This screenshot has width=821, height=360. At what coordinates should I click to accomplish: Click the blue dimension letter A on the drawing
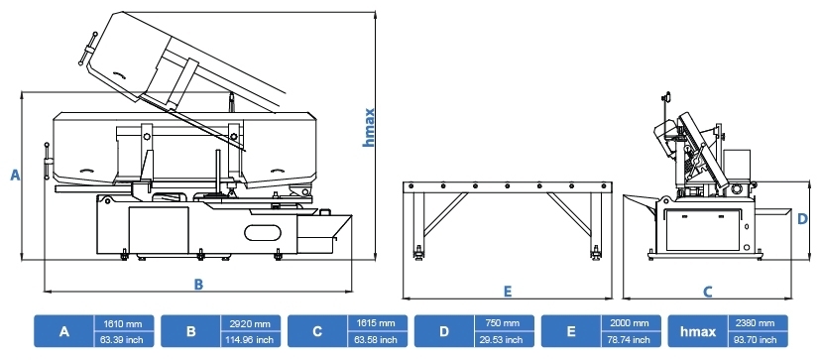pyautogui.click(x=15, y=175)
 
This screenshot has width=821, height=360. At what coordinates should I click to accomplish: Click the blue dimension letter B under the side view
pyautogui.click(x=198, y=284)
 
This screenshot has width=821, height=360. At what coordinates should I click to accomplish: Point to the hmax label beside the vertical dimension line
pyautogui.click(x=369, y=127)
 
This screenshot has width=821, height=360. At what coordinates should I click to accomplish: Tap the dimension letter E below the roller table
pyautogui.click(x=508, y=292)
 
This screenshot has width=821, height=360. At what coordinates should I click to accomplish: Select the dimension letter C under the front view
pyautogui.click(x=707, y=292)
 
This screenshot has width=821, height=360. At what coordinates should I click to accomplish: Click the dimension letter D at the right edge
pyautogui.click(x=803, y=218)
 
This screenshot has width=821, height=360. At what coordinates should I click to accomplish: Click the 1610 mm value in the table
pyautogui.click(x=125, y=323)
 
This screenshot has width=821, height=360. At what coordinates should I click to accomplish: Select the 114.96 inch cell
pyautogui.click(x=251, y=339)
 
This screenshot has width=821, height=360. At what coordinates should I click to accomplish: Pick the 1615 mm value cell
pyautogui.click(x=378, y=323)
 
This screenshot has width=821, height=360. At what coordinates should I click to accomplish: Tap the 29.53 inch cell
pyautogui.click(x=505, y=339)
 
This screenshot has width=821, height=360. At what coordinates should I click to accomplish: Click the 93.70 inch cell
pyautogui.click(x=759, y=339)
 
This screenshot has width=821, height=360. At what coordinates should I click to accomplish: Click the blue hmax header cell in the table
pyautogui.click(x=698, y=331)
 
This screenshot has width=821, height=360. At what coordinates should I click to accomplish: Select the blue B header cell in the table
pyautogui.click(x=191, y=331)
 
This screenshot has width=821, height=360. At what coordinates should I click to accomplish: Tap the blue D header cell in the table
pyautogui.click(x=444, y=331)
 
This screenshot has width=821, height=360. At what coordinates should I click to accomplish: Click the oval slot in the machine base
pyautogui.click(x=263, y=233)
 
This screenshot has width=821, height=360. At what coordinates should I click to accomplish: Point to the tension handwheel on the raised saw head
pyautogui.click(x=88, y=49)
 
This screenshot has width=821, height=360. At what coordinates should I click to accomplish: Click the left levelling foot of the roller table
pyautogui.click(x=418, y=254)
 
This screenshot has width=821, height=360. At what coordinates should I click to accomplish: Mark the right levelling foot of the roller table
pyautogui.click(x=595, y=254)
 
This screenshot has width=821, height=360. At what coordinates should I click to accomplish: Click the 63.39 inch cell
pyautogui.click(x=125, y=339)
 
